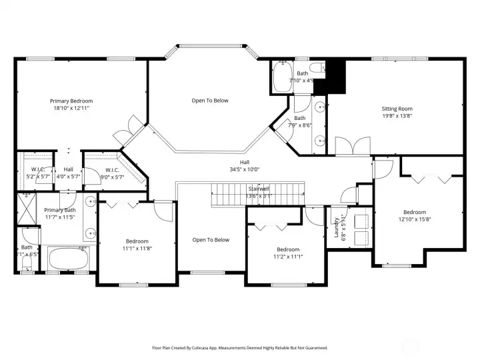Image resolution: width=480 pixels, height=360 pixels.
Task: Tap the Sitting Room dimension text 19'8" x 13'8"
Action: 397,115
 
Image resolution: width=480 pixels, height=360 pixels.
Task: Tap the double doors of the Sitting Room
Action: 351,145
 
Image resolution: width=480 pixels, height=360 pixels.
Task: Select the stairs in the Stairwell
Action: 257,197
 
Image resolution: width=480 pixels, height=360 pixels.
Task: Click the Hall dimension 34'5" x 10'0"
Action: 244,169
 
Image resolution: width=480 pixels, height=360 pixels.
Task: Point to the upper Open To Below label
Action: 210,101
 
